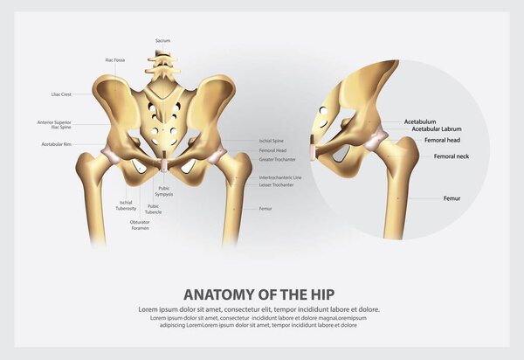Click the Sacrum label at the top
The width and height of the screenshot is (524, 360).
tap(162, 41)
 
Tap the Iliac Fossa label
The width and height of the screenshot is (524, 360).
tap(115, 59)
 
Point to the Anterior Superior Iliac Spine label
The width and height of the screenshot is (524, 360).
tap(54, 125)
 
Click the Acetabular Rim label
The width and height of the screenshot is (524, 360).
tap(55, 144)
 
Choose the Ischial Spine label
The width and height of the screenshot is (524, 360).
tap(272, 140)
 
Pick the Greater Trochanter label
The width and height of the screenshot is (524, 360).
tap(277, 160)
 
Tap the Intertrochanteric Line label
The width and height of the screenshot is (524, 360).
tap(281, 177)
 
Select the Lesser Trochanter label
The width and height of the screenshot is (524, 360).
tap(276, 184)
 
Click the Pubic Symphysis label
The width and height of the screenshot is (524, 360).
tap(164, 190)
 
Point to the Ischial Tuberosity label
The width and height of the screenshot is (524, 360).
tap(126, 204)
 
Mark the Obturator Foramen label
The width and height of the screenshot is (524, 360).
tap(140, 225)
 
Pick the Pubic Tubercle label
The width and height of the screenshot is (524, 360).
tap(154, 209)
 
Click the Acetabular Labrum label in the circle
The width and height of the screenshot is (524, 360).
tap(437, 129)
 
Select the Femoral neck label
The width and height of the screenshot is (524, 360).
tap(452, 156)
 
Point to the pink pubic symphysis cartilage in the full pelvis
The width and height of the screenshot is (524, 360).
tap(165, 163)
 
